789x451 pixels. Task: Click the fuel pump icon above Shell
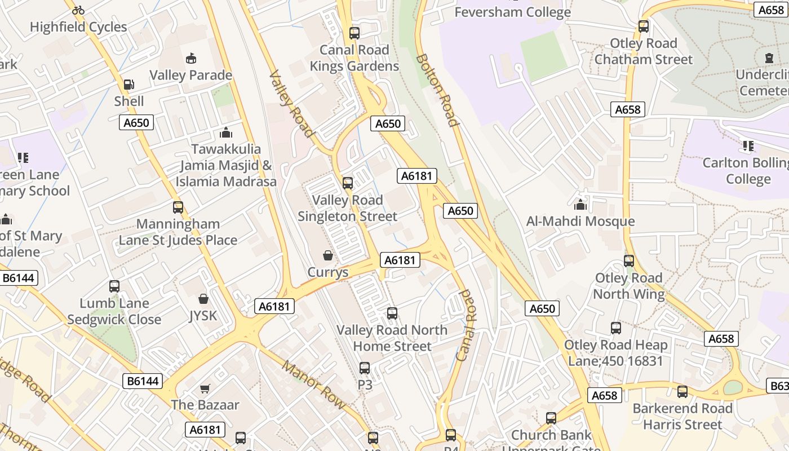pos(129,85)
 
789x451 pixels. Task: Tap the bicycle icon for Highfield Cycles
pos(78,10)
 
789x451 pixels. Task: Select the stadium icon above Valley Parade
pos(191,58)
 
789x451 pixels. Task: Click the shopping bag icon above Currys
pos(328,256)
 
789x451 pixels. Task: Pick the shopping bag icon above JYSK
pos(203,299)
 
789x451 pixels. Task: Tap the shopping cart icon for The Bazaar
pos(205,388)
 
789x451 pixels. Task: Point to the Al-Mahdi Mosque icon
pos(580,204)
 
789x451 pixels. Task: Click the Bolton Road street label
pos(437,90)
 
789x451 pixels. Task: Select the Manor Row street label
pos(313,384)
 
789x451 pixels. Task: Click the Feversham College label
pos(512,12)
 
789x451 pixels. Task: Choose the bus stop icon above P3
pos(365,368)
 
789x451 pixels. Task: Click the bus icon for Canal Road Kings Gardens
pos(354,33)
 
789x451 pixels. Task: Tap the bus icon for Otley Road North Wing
pos(629,261)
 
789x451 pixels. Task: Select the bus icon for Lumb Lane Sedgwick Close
pos(114,286)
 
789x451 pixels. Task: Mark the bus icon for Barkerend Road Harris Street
pos(682,391)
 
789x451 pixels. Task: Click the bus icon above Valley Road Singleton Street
pos(348,183)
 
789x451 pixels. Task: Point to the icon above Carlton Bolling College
pos(748,147)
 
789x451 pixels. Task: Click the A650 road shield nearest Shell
pos(136,122)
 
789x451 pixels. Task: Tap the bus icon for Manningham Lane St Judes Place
pos(178,207)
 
